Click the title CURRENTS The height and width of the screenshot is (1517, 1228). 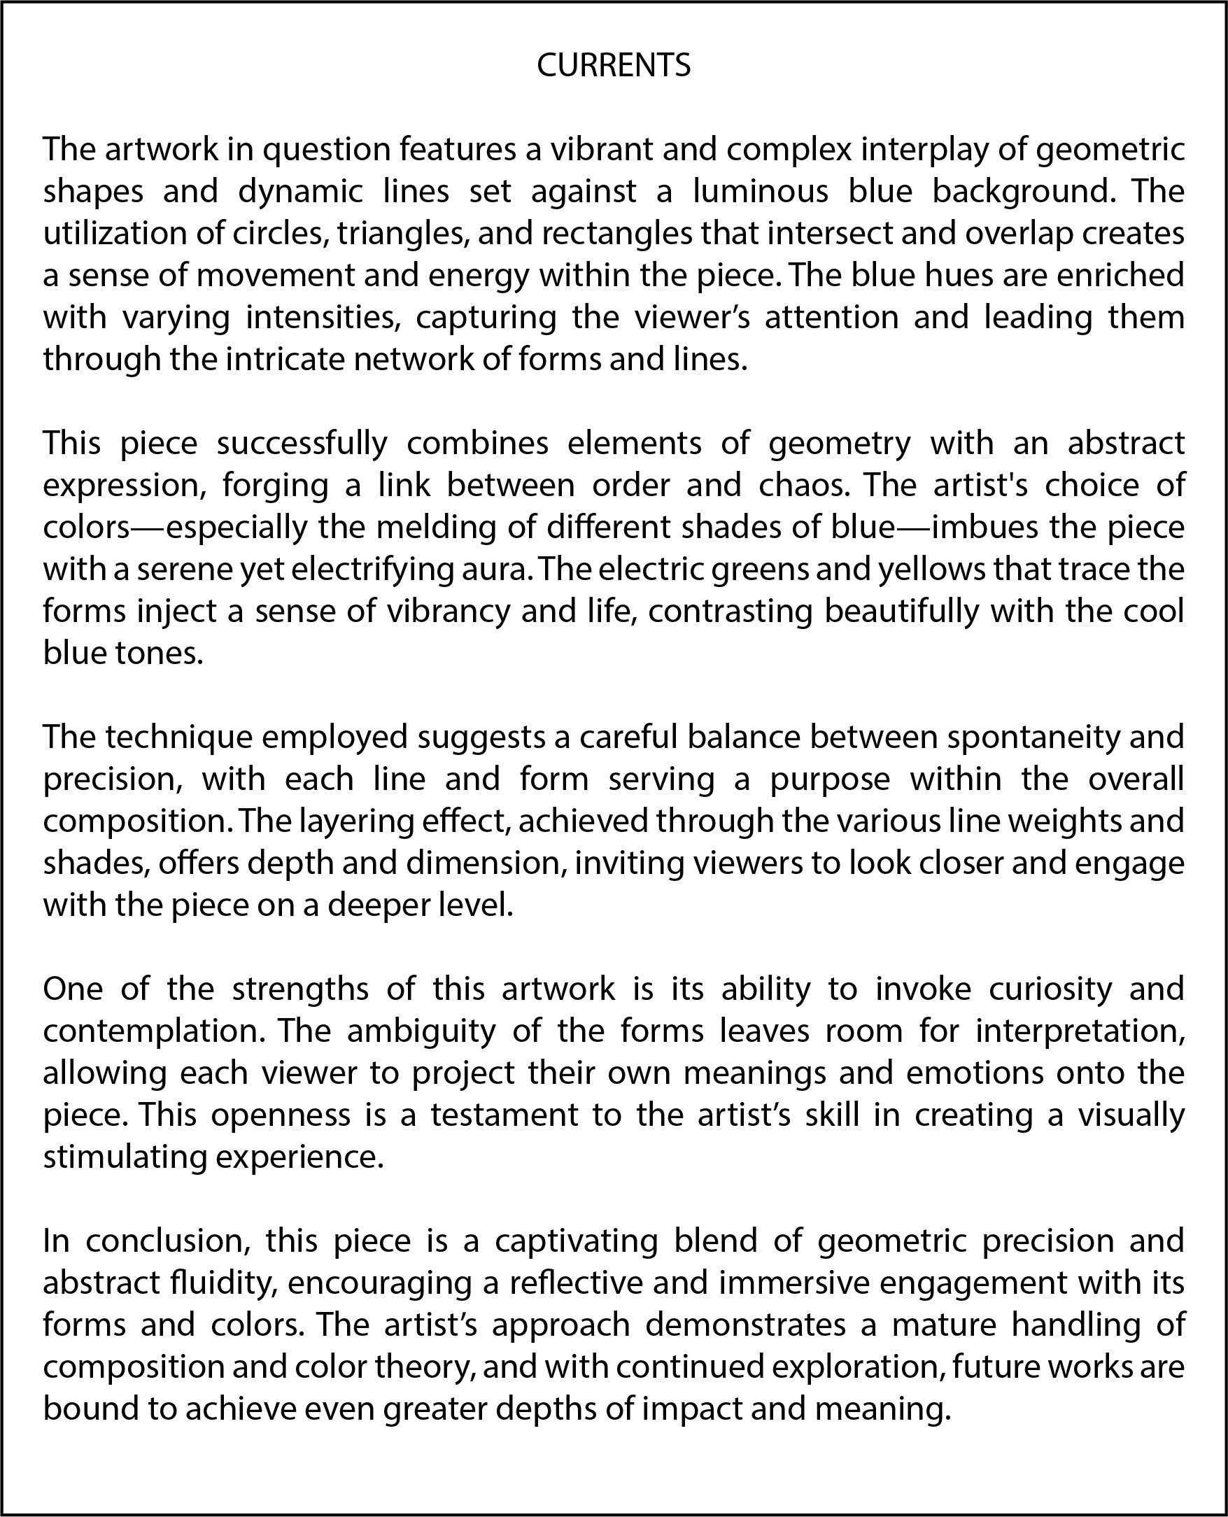[613, 66]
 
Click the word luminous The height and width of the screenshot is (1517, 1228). [760, 192]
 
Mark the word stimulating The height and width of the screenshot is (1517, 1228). [124, 1157]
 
